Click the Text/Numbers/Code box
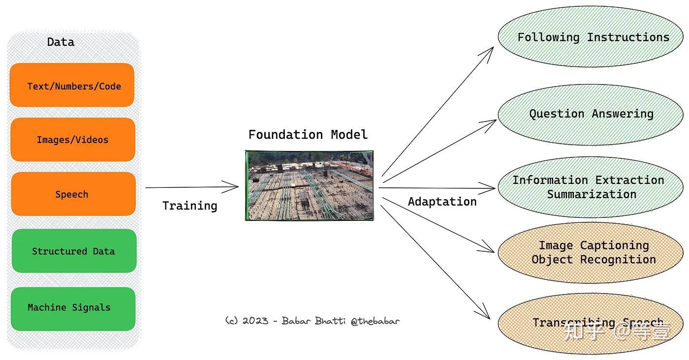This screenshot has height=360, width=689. pyautogui.click(x=72, y=85)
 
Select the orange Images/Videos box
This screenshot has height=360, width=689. pyautogui.click(x=72, y=140)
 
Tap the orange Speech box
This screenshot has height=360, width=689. pyautogui.click(x=73, y=194)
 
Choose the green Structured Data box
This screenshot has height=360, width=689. pyautogui.click(x=74, y=251)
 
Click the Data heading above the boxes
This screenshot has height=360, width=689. pyautogui.click(x=61, y=42)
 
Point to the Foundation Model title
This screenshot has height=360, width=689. pyautogui.click(x=308, y=135)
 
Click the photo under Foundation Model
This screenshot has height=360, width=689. pyautogui.click(x=309, y=185)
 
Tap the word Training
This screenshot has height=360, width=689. pyautogui.click(x=189, y=206)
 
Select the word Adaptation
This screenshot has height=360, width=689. pyautogui.click(x=442, y=202)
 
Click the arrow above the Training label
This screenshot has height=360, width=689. pyautogui.click(x=192, y=187)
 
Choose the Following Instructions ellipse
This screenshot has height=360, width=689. pyautogui.click(x=590, y=37)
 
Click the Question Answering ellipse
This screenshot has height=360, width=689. pyautogui.click(x=590, y=114)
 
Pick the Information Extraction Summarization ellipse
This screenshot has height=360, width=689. pyautogui.click(x=590, y=187)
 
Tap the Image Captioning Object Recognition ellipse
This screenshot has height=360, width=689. pyautogui.click(x=590, y=252)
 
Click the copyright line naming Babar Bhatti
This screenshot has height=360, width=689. pyautogui.click(x=312, y=321)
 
